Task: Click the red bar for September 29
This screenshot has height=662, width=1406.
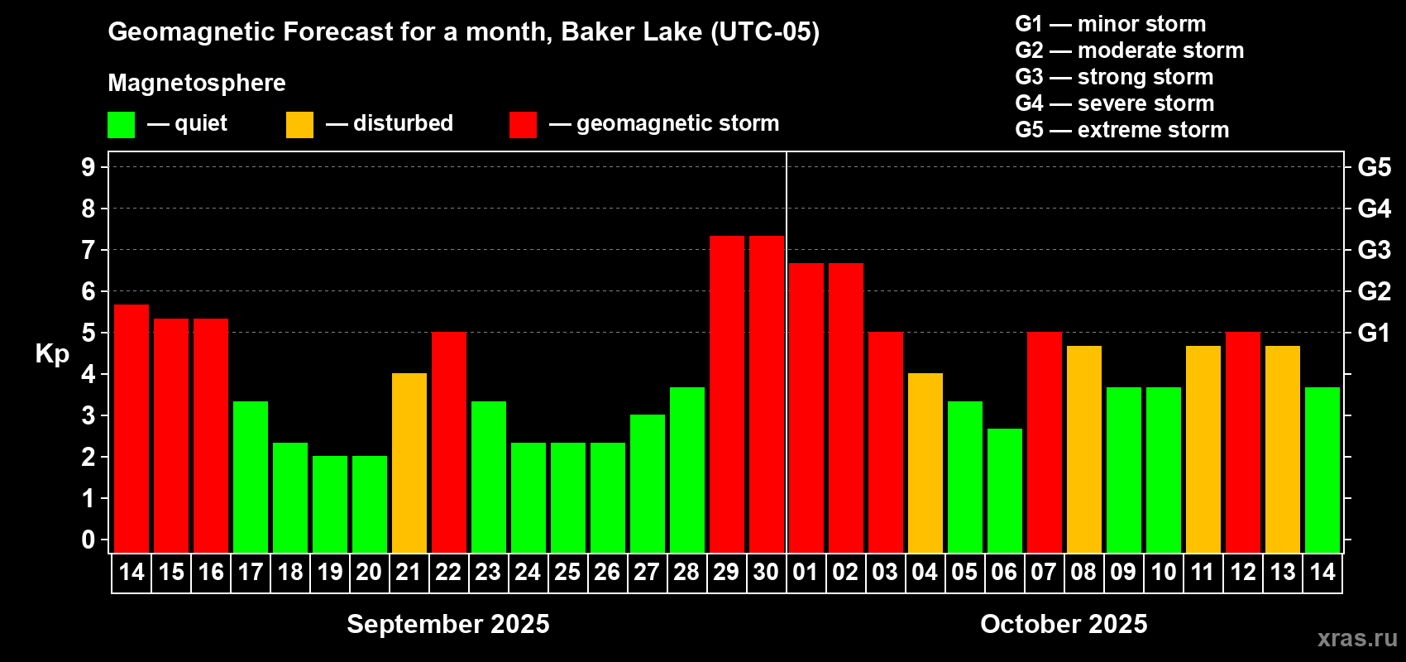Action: pyautogui.click(x=727, y=395)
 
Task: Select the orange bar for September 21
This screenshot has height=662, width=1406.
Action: pyautogui.click(x=409, y=463)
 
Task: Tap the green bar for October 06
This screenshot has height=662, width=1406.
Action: pyautogui.click(x=1005, y=491)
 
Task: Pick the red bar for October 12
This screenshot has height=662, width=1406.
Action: pyautogui.click(x=1243, y=442)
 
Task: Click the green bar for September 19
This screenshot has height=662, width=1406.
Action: pyautogui.click(x=330, y=504)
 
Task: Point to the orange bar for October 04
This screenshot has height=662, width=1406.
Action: pyautogui.click(x=925, y=463)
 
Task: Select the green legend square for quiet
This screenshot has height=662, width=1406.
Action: pyautogui.click(x=121, y=124)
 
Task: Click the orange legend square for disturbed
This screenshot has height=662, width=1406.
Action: pyautogui.click(x=299, y=124)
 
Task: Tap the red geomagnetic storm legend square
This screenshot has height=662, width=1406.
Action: pyautogui.click(x=523, y=124)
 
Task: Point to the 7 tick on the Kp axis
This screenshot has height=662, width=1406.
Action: pyautogui.click(x=88, y=250)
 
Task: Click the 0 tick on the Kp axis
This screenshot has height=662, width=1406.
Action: pyautogui.click(x=88, y=540)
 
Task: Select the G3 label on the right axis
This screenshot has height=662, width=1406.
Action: pyautogui.click(x=1374, y=250)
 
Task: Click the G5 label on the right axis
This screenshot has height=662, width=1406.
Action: pyautogui.click(x=1374, y=167)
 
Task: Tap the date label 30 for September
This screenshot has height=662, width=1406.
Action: pyautogui.click(x=766, y=572)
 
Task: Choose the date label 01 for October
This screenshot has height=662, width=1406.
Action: pyautogui.click(x=806, y=572)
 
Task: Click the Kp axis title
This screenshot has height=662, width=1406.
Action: pyautogui.click(x=52, y=354)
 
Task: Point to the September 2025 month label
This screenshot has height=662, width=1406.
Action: pyautogui.click(x=448, y=624)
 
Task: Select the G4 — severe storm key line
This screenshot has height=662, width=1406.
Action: pyautogui.click(x=1115, y=103)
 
